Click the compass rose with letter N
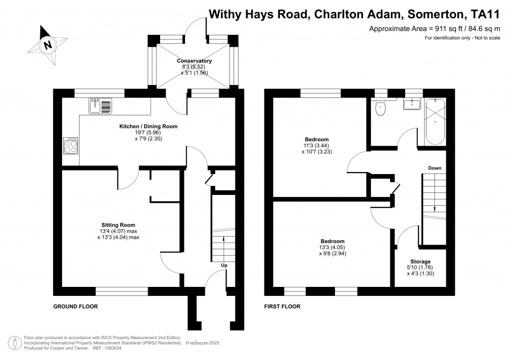pyautogui.click(x=48, y=45)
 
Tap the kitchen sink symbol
pyautogui.click(x=101, y=105)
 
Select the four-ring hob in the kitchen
pyautogui.click(x=71, y=146)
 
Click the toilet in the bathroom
pyautogui.click(x=381, y=108)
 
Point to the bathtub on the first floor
pyautogui.click(x=435, y=119)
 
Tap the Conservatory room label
pyautogui.click(x=194, y=61)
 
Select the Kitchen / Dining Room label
pyautogui.click(x=148, y=126)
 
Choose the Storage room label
pyautogui.click(x=420, y=262)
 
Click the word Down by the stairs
pyautogui.click(x=435, y=168)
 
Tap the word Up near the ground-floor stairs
pyautogui.click(x=224, y=266)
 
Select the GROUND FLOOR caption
pyautogui.click(x=76, y=307)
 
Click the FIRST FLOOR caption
pyautogui.click(x=282, y=307)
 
